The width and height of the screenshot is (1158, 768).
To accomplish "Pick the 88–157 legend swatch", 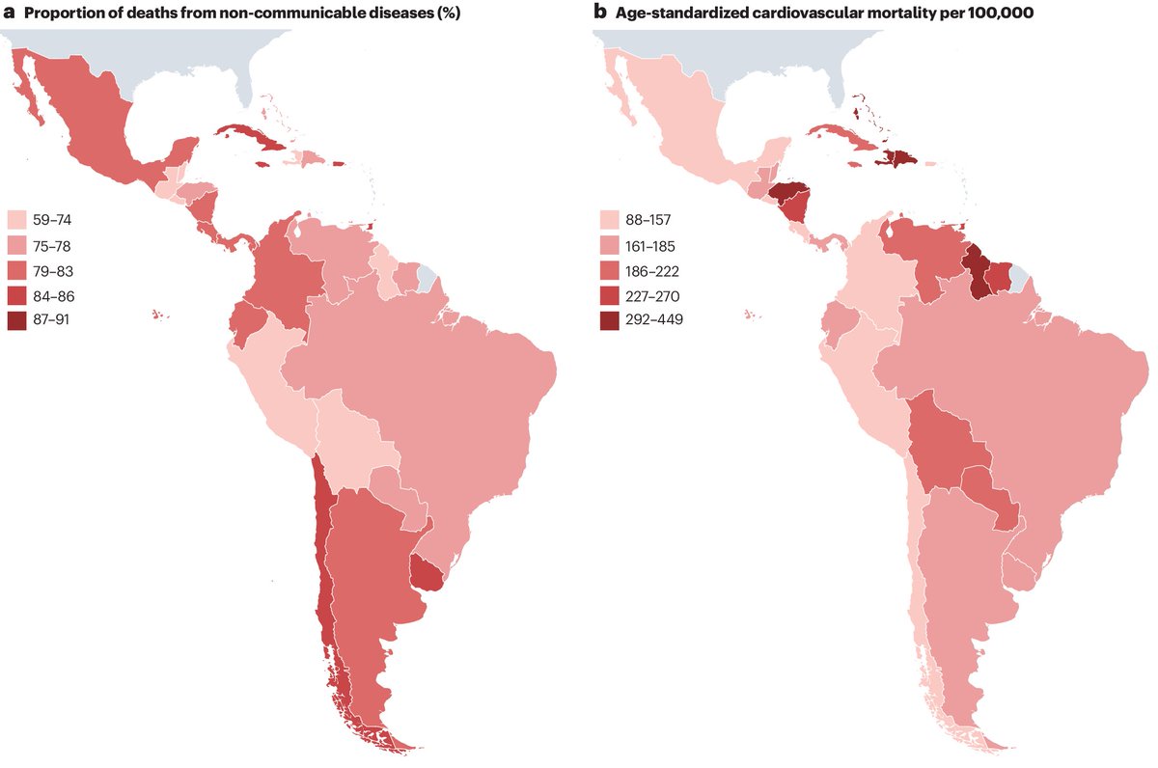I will [610, 219].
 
